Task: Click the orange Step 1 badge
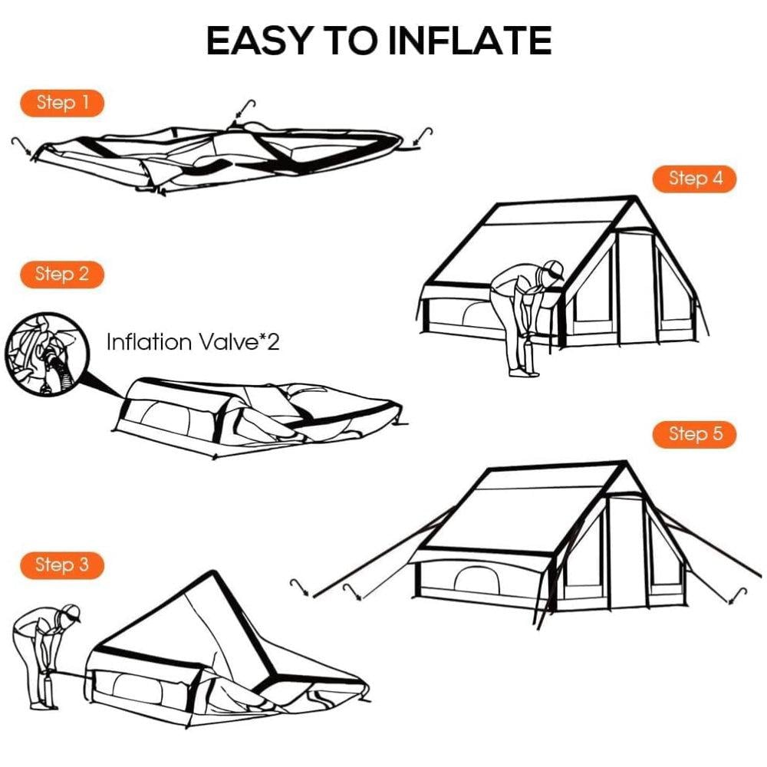click(62, 103)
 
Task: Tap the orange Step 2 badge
click(62, 275)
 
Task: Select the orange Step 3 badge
click(62, 565)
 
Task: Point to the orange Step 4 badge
click(695, 179)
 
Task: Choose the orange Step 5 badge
click(695, 434)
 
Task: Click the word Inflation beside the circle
click(149, 342)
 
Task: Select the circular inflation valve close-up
click(48, 354)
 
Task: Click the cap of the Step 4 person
click(555, 268)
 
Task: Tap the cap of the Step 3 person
click(71, 611)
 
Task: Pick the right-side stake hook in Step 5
click(737, 595)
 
